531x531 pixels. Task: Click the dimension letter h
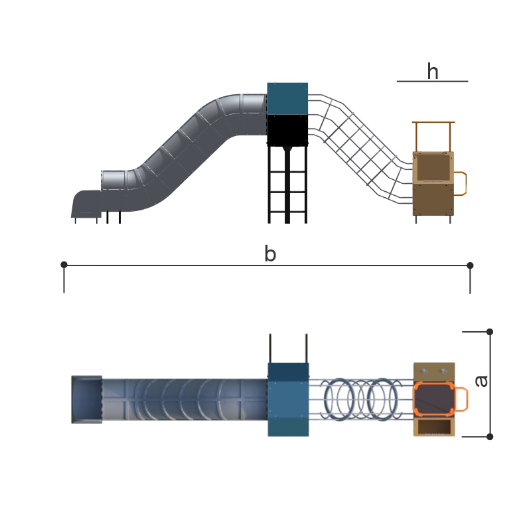click(433, 70)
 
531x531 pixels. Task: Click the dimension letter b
click(269, 254)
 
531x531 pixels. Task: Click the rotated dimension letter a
click(481, 381)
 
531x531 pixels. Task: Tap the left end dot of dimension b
click(64, 265)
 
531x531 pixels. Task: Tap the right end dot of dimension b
click(470, 265)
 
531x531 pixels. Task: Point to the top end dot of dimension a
click(490, 331)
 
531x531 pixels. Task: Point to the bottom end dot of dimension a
click(490, 436)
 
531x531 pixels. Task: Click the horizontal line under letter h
click(432, 81)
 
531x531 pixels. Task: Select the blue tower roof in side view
click(287, 98)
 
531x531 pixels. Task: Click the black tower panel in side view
click(287, 129)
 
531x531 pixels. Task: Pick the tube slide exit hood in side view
click(85, 203)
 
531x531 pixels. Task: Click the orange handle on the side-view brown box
click(462, 183)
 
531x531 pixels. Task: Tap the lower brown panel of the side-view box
click(433, 199)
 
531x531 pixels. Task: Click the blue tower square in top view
click(288, 399)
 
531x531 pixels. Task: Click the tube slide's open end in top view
click(87, 399)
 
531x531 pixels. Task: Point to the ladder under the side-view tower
click(287, 186)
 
